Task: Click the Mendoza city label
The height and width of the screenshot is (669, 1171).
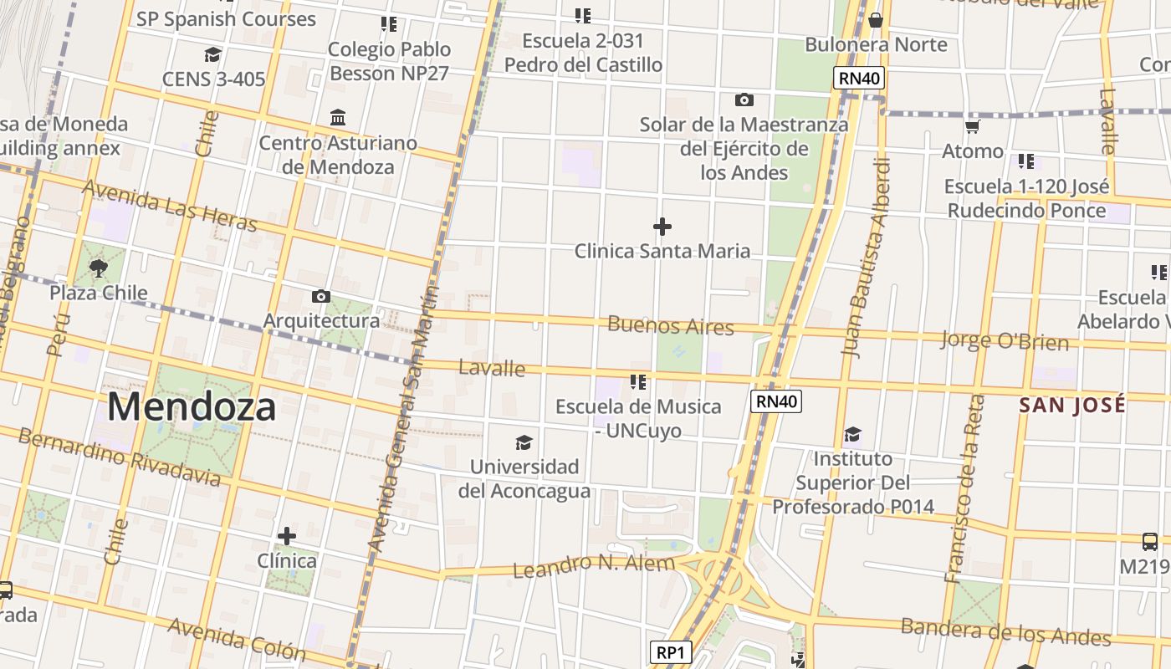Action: pyautogui.click(x=192, y=407)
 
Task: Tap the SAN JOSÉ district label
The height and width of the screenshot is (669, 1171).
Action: pyautogui.click(x=1071, y=405)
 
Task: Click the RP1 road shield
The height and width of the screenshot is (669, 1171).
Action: pyautogui.click(x=671, y=652)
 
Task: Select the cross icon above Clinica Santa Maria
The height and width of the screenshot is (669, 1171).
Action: pyautogui.click(x=662, y=227)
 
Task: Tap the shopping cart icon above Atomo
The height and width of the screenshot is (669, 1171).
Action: pyautogui.click(x=972, y=127)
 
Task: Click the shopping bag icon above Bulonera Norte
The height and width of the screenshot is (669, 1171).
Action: pyautogui.click(x=876, y=19)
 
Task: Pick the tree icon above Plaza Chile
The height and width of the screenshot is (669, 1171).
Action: pyautogui.click(x=99, y=268)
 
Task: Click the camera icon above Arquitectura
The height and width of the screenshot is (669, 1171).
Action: pyautogui.click(x=320, y=296)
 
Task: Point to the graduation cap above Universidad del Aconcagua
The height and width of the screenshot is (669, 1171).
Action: pyautogui.click(x=524, y=442)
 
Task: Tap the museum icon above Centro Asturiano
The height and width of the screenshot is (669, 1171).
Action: pyautogui.click(x=338, y=117)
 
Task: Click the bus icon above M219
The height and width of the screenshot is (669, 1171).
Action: pyautogui.click(x=1150, y=542)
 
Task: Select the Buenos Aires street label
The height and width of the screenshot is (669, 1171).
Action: pyautogui.click(x=671, y=324)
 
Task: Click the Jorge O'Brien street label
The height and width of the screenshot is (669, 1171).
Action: pyautogui.click(x=1005, y=340)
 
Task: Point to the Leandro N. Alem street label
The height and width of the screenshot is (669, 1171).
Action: pyautogui.click(x=593, y=566)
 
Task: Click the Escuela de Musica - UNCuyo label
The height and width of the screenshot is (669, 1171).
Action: pyautogui.click(x=638, y=418)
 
